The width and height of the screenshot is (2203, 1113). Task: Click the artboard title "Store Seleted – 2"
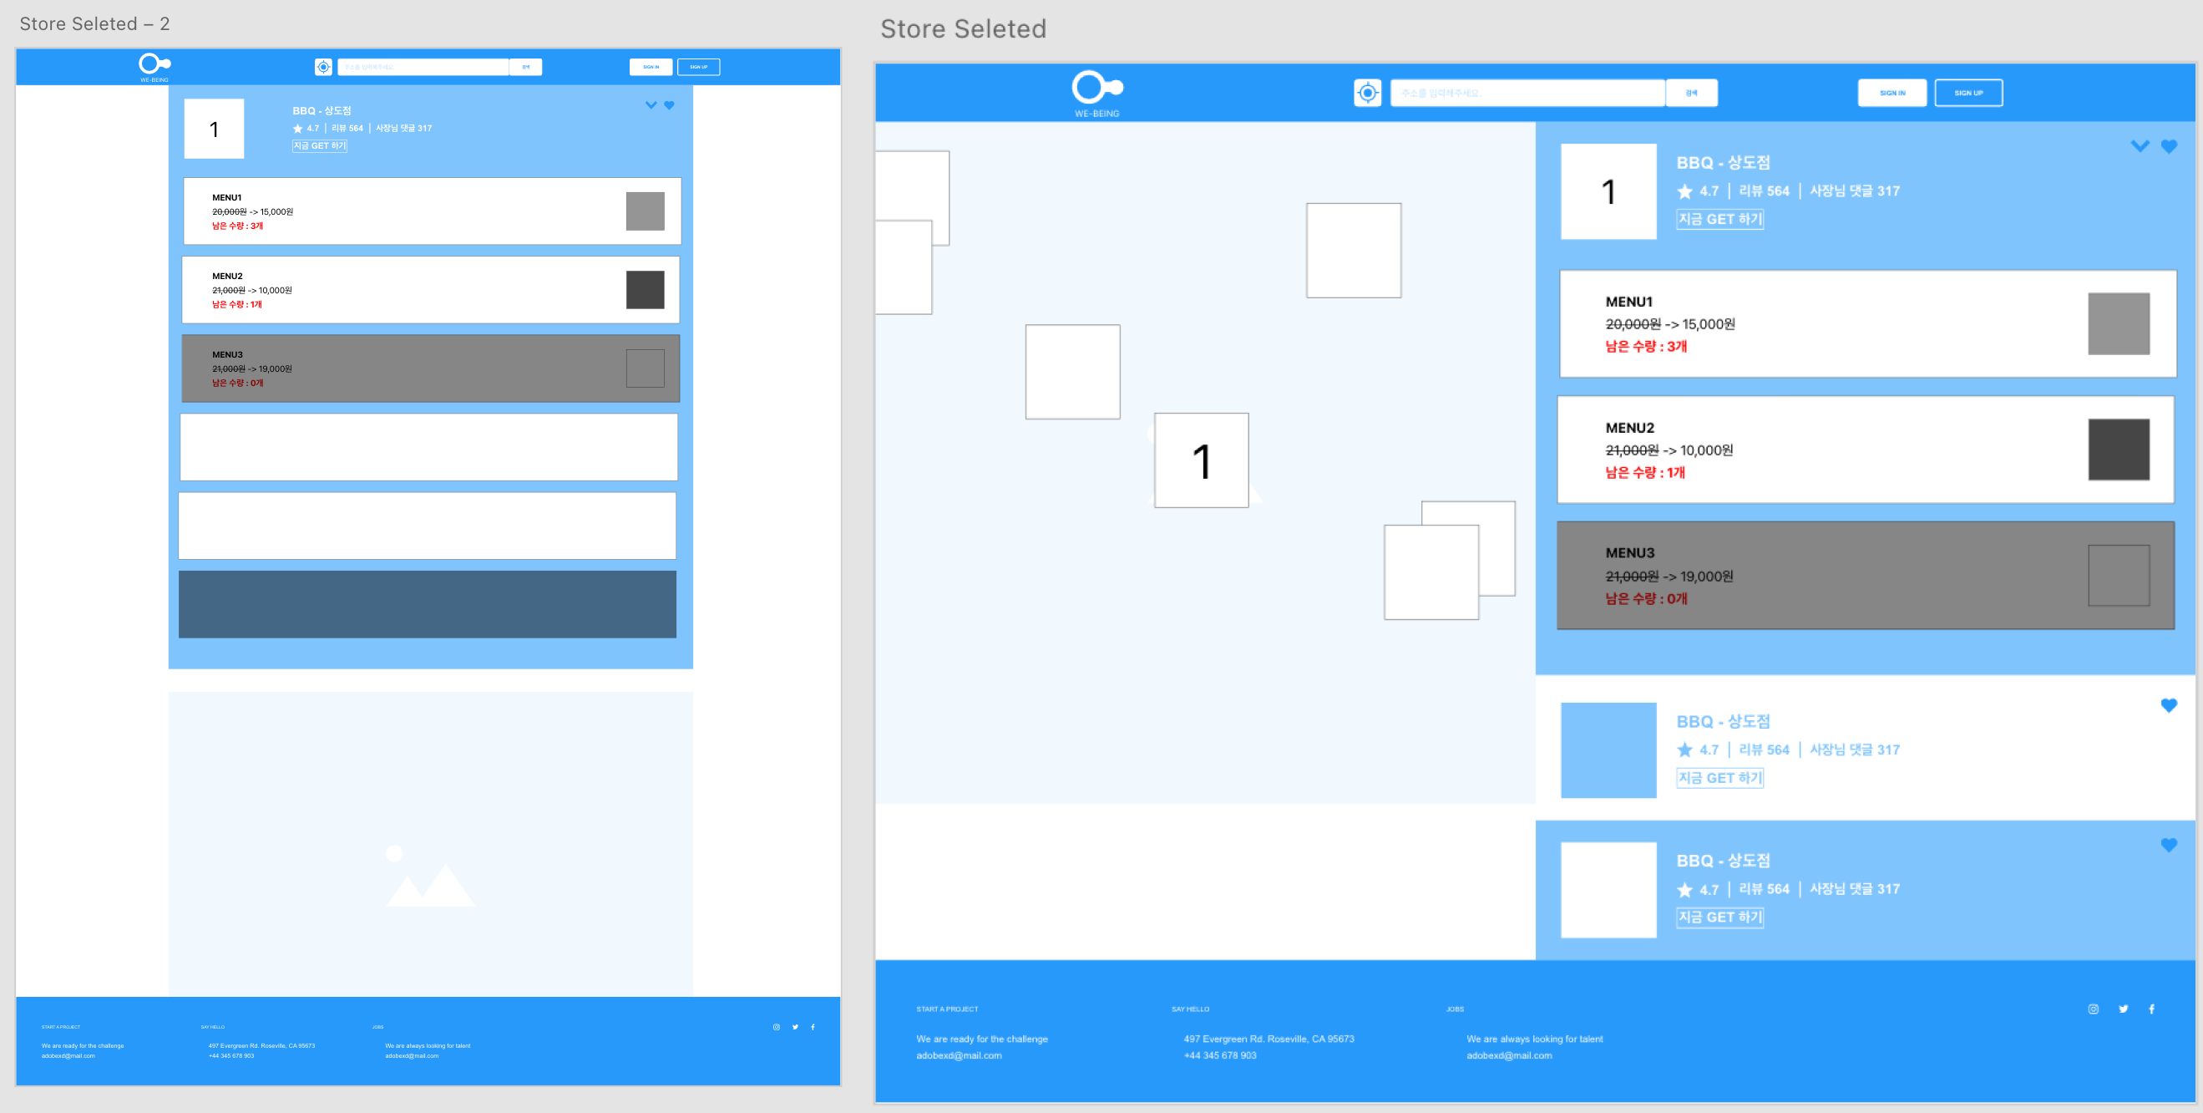[x=94, y=24]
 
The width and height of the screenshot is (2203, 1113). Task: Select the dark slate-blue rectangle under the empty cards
[x=427, y=604]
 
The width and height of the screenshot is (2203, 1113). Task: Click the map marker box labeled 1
[x=1201, y=460]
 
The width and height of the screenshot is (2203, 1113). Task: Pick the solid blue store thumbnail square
[x=1608, y=750]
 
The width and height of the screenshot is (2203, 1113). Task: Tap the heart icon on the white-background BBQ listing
[x=2169, y=705]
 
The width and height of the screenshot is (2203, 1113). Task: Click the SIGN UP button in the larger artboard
[x=1968, y=93]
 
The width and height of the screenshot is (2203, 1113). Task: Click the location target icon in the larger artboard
[x=1367, y=93]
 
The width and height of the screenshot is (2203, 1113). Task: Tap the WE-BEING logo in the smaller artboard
[x=154, y=66]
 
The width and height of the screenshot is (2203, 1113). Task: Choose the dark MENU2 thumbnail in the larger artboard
[x=2119, y=450]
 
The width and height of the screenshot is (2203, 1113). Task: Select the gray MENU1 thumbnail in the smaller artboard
[x=645, y=211]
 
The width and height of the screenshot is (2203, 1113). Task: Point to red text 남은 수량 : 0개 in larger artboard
[x=1645, y=599]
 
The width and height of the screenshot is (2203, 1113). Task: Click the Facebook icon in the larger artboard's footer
[x=2152, y=1009]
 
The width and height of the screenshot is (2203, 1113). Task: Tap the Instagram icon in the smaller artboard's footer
[x=777, y=1027]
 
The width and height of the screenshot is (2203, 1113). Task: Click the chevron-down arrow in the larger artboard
[x=2140, y=146]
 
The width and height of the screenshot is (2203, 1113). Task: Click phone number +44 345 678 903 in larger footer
[x=1219, y=1055]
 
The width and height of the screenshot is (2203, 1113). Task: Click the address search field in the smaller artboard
[x=423, y=67]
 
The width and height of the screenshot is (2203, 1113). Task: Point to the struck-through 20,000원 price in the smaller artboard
[x=229, y=212]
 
